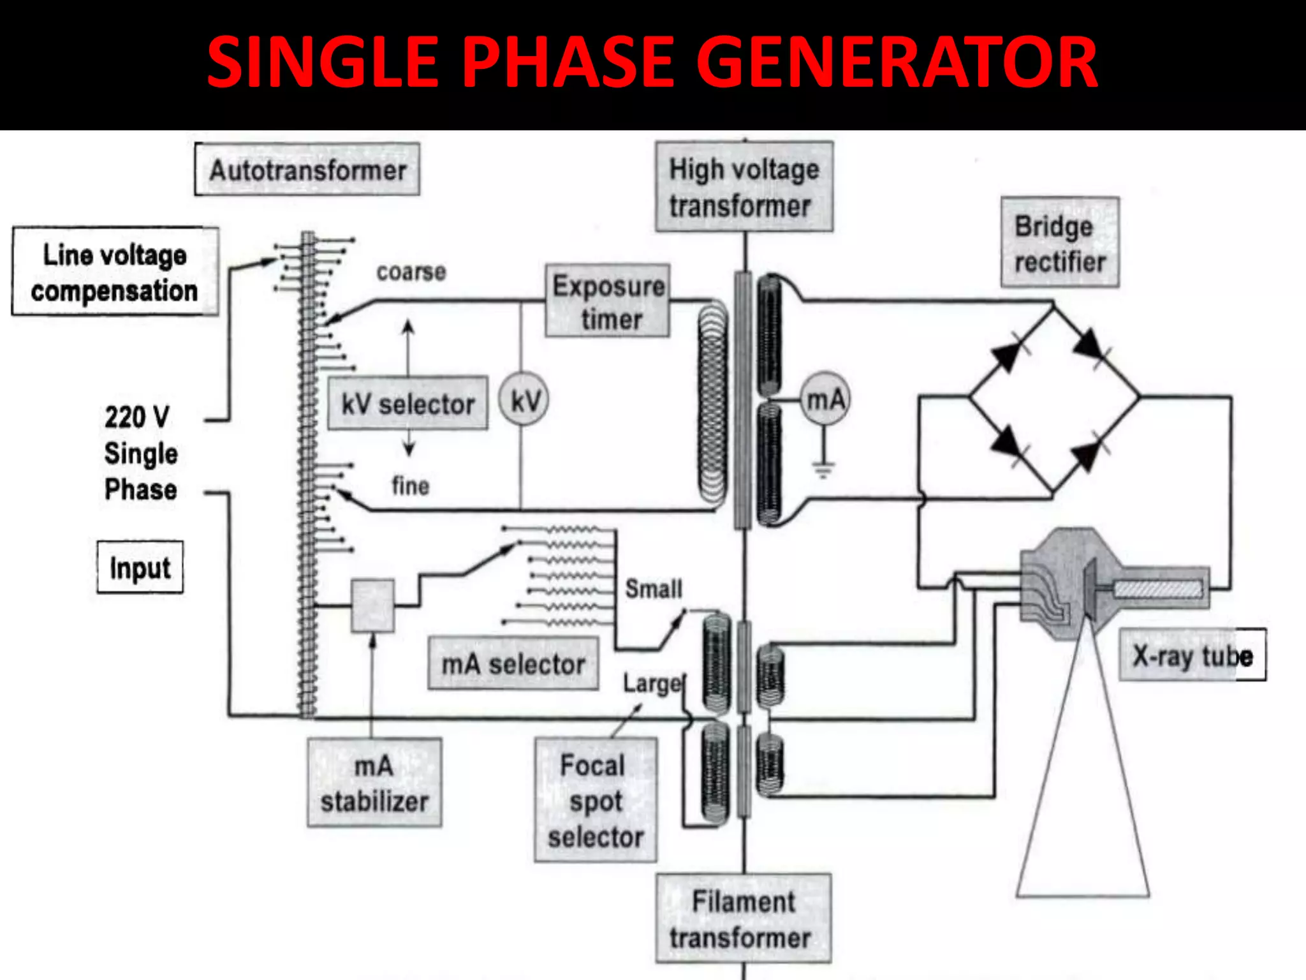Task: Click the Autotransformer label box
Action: (x=307, y=170)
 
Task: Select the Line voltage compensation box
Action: (x=115, y=272)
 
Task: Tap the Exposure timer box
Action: (x=608, y=301)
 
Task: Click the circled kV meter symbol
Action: (x=524, y=401)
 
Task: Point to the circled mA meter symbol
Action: (x=825, y=399)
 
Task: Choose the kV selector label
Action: (x=407, y=403)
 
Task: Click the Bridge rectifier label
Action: (x=1059, y=243)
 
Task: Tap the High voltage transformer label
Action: (x=744, y=187)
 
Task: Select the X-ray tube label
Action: (x=1192, y=655)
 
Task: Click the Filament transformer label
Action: (x=744, y=919)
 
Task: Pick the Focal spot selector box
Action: (x=595, y=801)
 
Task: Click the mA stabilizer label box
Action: (x=374, y=783)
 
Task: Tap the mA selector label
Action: (x=513, y=664)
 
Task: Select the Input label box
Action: (x=140, y=568)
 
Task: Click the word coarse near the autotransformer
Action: (x=411, y=272)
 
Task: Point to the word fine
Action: (x=410, y=486)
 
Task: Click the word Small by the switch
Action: (x=653, y=588)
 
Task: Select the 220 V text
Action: (x=136, y=417)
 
